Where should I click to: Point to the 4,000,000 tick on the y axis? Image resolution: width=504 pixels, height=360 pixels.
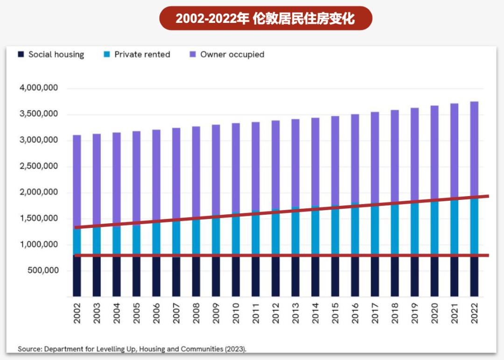39,88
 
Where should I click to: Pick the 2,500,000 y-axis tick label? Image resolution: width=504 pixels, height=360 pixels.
39,166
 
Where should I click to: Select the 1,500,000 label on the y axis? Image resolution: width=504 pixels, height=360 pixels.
39,219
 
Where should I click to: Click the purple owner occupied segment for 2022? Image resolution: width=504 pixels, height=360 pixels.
474,149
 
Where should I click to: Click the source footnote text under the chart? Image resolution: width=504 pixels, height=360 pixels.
132,349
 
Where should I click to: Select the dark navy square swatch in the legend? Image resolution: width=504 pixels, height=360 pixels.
21,55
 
